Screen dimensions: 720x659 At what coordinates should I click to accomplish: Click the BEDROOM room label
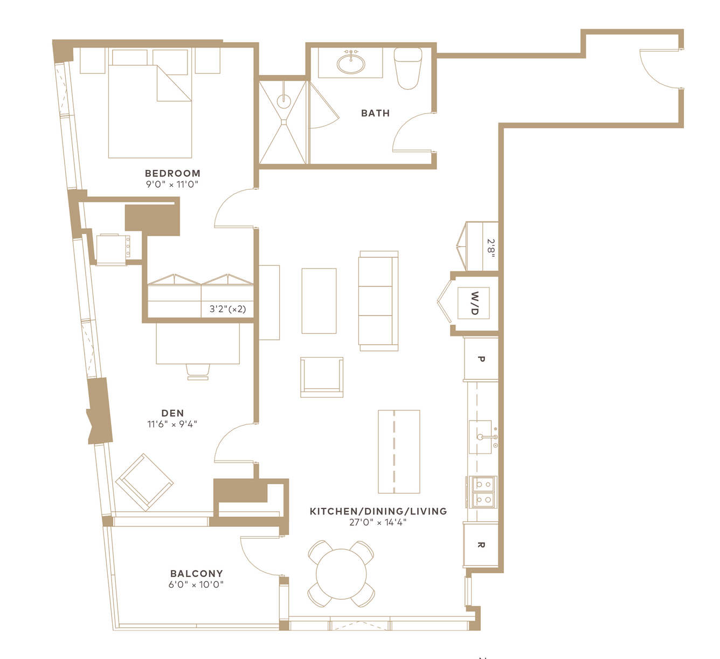click(x=172, y=173)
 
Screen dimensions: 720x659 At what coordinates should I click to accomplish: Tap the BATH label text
click(x=376, y=113)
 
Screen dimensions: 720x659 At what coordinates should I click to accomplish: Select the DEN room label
click(x=172, y=413)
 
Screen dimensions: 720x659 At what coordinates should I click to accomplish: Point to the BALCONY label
click(x=196, y=573)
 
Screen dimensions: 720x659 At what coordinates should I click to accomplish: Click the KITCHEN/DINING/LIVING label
click(x=378, y=511)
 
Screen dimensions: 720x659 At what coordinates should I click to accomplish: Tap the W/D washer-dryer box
click(x=473, y=303)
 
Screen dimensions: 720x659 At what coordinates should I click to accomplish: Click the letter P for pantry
click(x=481, y=359)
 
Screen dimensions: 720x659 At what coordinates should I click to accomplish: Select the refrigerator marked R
click(x=481, y=545)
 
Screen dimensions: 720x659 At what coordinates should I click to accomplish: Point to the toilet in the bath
click(x=408, y=68)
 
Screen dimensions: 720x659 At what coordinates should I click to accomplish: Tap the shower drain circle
click(x=283, y=101)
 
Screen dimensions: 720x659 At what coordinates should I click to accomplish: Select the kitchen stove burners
click(x=483, y=492)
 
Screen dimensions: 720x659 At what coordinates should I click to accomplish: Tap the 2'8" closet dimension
click(x=490, y=248)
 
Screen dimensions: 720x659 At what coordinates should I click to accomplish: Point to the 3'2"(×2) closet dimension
click(x=227, y=308)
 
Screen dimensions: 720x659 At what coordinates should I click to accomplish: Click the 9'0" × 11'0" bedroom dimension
click(x=172, y=184)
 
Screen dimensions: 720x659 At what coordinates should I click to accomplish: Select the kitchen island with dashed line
click(x=399, y=452)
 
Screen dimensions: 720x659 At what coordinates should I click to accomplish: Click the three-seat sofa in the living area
click(x=378, y=301)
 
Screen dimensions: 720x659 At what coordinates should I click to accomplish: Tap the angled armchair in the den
click(x=144, y=482)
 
